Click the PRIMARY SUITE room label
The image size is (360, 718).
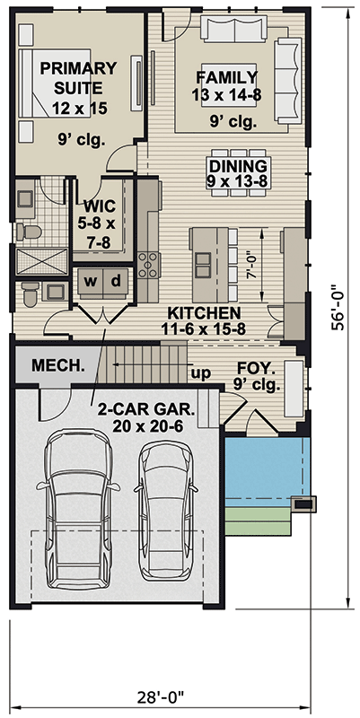point(79,77)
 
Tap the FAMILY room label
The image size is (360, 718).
point(226,77)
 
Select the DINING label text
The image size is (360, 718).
point(237,165)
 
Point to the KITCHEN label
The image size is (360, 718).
point(204,313)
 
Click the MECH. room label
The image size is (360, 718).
point(58,365)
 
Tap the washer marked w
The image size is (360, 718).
point(91,282)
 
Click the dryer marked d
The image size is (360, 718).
point(117,282)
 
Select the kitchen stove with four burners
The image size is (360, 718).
point(148,265)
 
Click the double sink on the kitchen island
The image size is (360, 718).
point(203,265)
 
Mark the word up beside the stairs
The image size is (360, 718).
point(200,374)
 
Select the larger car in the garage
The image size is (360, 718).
point(78,508)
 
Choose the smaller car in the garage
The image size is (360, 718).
point(166,511)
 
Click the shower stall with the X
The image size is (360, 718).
point(41,261)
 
